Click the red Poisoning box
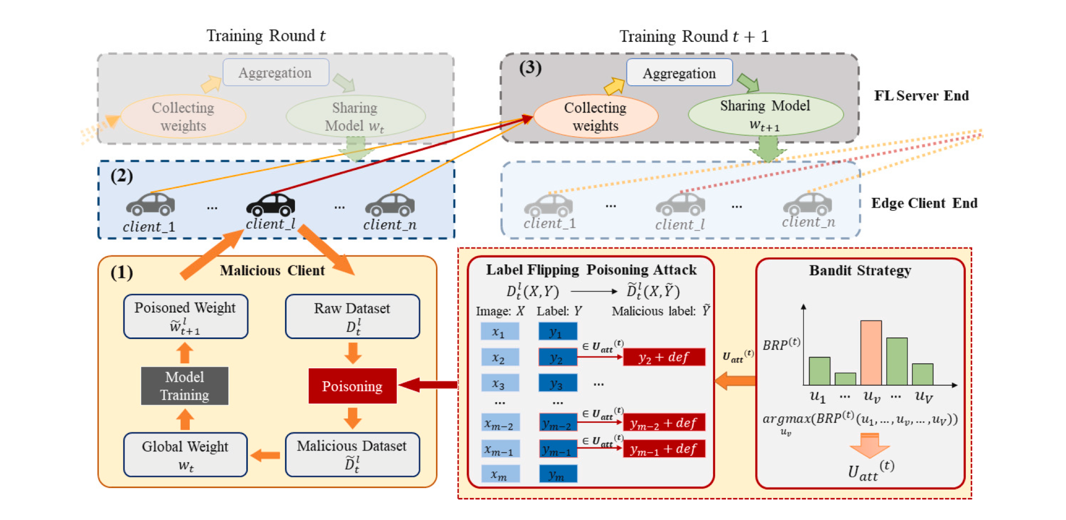[x=352, y=385]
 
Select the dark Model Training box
[x=185, y=385]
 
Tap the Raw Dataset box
[x=352, y=316]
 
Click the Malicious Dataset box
[x=352, y=454]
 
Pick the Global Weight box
[x=185, y=454]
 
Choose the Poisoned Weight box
[x=185, y=316]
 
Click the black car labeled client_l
[x=271, y=204]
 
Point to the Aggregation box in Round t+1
[x=679, y=73]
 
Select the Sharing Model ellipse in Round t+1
[x=765, y=114]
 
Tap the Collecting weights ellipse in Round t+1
[x=595, y=116]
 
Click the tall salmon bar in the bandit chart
[x=871, y=352]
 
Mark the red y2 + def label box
[x=664, y=357]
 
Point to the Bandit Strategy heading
[x=860, y=270]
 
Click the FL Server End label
[x=921, y=95]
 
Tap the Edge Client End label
[x=924, y=203]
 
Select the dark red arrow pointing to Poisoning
[x=428, y=385]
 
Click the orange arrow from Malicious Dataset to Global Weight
[x=266, y=455]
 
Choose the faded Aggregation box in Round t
[x=276, y=73]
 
